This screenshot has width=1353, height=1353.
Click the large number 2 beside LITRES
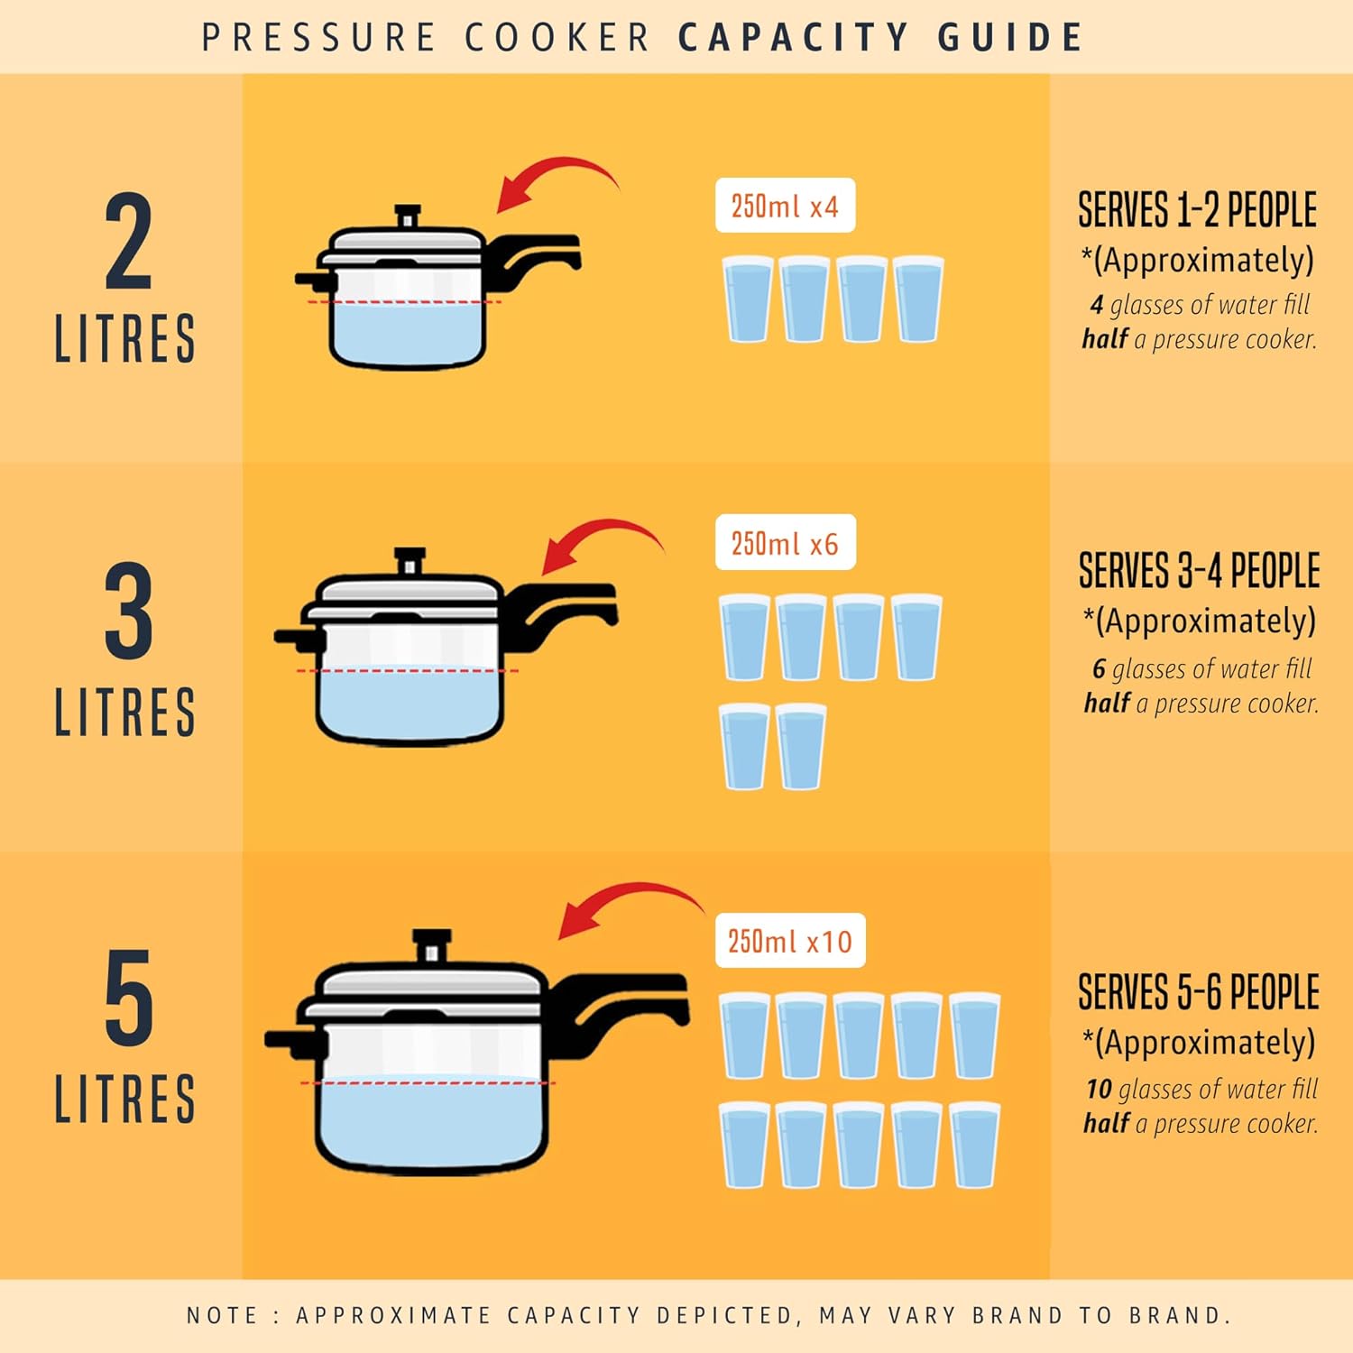tap(128, 242)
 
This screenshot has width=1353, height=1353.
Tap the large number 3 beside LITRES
tap(128, 612)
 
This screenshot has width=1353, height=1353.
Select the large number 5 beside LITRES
tap(128, 998)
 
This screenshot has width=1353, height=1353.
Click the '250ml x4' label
tap(785, 206)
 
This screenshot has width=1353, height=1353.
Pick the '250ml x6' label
tap(785, 543)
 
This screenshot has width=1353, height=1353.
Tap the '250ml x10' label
tap(790, 942)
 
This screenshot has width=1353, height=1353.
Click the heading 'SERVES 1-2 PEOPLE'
tap(1197, 210)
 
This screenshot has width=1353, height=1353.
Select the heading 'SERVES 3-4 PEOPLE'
tap(1199, 571)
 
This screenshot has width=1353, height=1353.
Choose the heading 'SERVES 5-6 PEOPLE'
tap(1199, 992)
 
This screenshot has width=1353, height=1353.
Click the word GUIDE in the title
tap(1010, 38)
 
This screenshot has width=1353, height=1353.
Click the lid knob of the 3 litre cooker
tap(410, 560)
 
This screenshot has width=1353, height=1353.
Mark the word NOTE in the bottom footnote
tap(222, 1315)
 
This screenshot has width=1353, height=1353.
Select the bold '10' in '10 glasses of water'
tap(1099, 1090)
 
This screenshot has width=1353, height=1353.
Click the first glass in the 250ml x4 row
tap(748, 299)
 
